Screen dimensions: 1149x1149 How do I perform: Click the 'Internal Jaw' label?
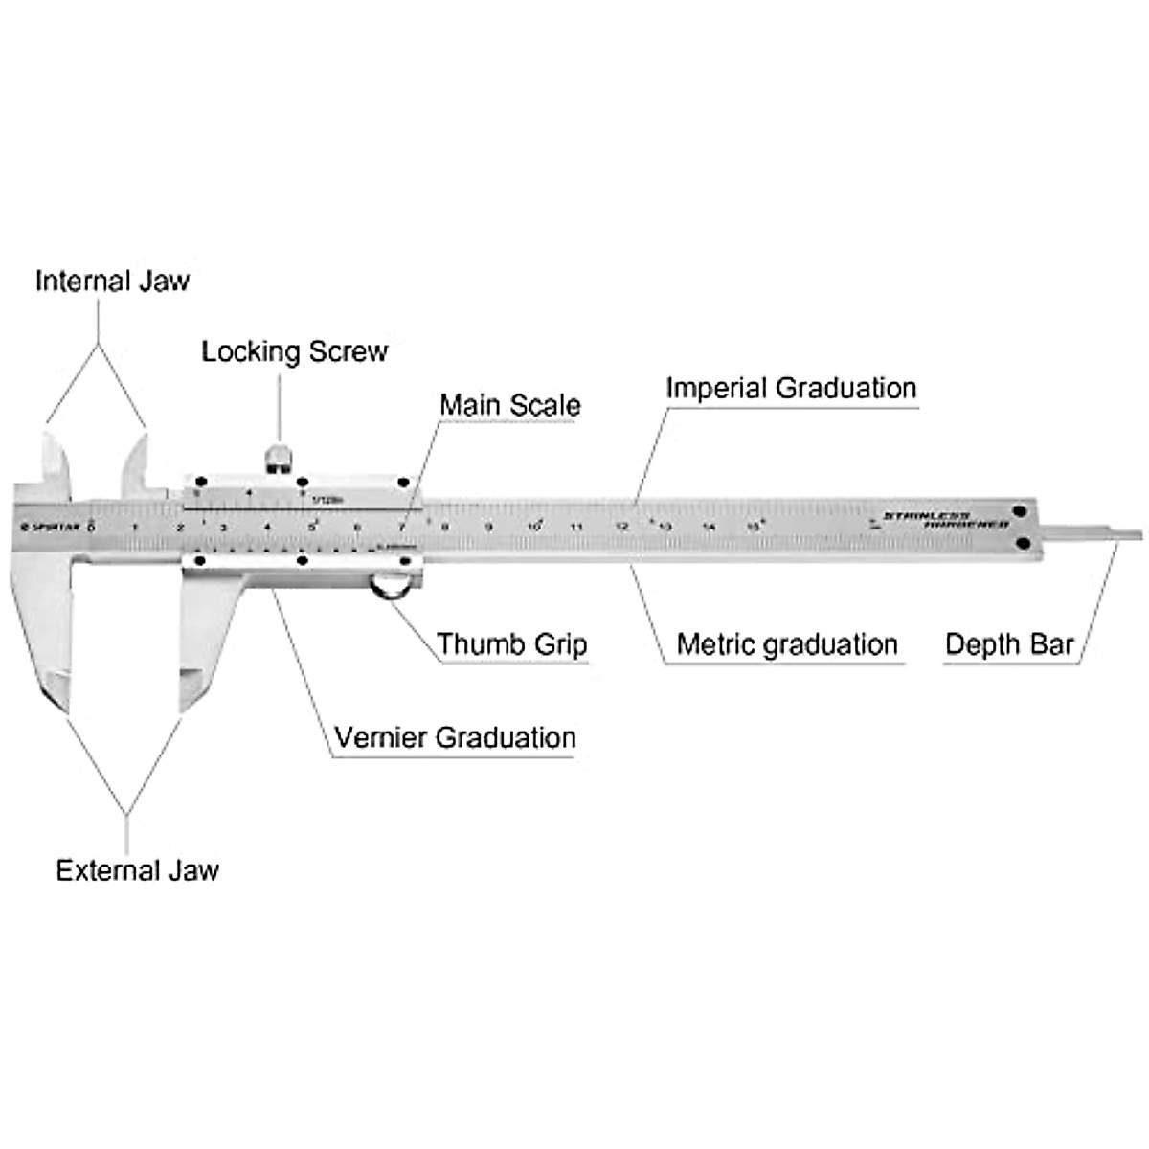tap(112, 281)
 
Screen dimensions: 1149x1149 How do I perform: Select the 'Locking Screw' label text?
tap(294, 351)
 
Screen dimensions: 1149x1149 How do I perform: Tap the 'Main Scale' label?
tap(509, 405)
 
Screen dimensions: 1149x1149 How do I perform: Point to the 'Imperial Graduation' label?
tap(791, 388)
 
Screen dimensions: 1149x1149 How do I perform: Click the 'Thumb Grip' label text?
tap(511, 644)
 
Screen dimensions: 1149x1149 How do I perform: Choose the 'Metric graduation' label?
tap(786, 644)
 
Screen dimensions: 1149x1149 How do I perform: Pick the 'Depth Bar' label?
tap(1009, 644)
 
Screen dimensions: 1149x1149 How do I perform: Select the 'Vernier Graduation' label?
tap(455, 738)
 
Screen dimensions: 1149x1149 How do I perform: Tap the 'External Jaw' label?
tap(137, 870)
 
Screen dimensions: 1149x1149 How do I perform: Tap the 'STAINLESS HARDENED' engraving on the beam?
tap(945, 520)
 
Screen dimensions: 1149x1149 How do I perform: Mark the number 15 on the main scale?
tap(754, 526)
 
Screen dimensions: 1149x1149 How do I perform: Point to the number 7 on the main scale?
tap(402, 527)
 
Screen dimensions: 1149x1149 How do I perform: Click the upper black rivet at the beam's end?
tap(1021, 511)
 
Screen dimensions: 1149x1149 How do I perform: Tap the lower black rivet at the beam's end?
tap(1022, 544)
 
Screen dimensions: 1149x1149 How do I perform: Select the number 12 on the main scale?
tap(621, 526)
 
